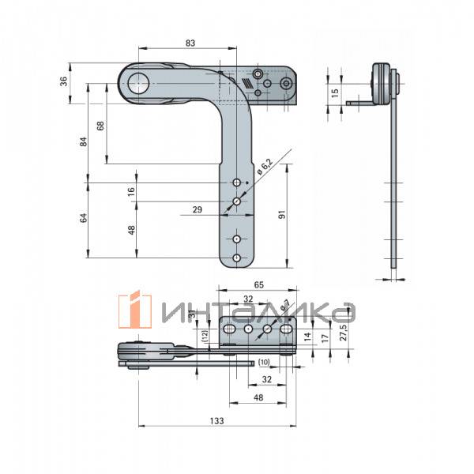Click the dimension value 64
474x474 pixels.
[83, 219]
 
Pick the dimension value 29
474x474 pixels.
[197, 209]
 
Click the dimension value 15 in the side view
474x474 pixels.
[335, 92]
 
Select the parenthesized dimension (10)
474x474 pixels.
[263, 362]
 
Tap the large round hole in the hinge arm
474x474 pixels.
[141, 80]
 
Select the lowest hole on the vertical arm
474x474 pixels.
[236, 258]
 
